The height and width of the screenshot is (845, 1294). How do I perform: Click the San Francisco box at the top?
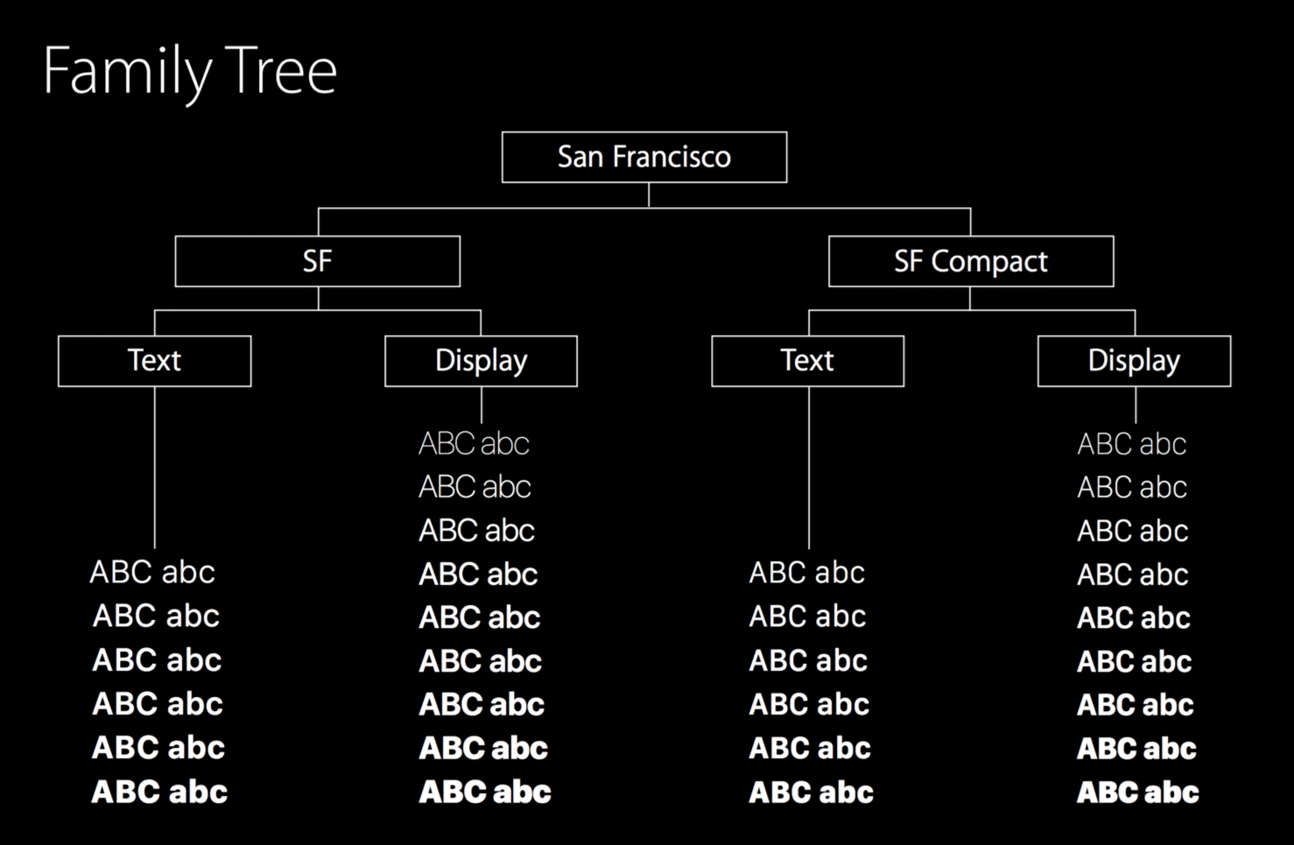644,157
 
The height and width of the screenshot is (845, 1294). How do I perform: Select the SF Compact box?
971,261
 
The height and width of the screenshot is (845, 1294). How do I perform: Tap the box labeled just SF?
318,261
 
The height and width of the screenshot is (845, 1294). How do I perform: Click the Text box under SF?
155,361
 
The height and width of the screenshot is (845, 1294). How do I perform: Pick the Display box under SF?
482,361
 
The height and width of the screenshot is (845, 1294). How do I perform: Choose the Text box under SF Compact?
808,361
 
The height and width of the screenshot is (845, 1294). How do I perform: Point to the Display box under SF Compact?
1135,361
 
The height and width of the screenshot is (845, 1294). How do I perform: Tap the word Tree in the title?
281,70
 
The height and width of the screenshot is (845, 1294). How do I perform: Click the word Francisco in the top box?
672,157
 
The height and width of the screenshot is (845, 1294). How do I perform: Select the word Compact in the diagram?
989,262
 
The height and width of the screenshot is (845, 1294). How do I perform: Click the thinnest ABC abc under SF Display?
474,444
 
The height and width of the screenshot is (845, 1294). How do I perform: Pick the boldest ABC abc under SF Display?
485,792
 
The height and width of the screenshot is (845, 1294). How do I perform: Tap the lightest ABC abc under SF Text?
152,573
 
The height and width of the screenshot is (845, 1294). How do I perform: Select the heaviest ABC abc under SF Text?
159,792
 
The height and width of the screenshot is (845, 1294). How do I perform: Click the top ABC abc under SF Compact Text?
807,573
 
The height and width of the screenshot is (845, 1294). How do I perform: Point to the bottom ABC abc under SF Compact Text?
811,792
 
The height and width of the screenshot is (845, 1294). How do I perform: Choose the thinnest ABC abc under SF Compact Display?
1132,444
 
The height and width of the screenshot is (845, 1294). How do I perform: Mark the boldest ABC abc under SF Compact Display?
1138,792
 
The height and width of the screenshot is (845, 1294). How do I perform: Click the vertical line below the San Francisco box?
649,195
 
